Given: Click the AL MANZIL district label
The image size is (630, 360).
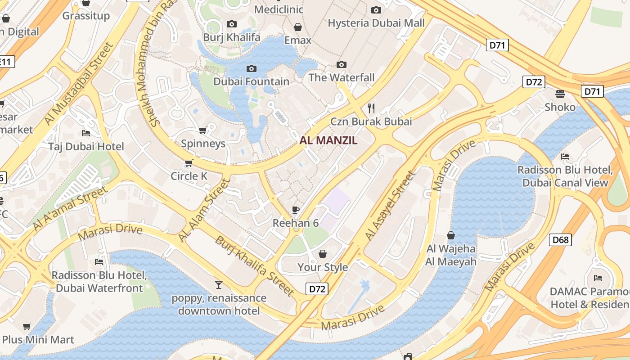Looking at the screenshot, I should [328, 140].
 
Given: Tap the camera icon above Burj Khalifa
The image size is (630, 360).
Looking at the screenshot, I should [232, 24].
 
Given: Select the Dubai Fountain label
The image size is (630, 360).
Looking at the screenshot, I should [251, 81].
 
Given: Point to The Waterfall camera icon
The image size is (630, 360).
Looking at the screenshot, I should [342, 65].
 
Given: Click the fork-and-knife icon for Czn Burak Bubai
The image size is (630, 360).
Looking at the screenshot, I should [371, 108].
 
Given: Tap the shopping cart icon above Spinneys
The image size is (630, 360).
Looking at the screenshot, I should [202, 130].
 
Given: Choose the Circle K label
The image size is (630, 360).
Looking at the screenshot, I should [189, 176].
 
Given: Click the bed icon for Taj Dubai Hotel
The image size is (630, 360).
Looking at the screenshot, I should [86, 133].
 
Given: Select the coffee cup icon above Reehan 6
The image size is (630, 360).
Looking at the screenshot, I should [296, 210].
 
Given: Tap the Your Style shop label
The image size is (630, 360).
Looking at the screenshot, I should [323, 267].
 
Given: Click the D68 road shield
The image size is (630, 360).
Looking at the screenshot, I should [560, 239].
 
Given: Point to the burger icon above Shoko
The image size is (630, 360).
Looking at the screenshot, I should [560, 94].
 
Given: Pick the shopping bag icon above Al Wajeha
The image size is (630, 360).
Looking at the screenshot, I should [451, 235].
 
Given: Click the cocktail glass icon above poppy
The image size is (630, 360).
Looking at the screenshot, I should [219, 284].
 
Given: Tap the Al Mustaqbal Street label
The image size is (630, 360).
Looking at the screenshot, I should [78, 84].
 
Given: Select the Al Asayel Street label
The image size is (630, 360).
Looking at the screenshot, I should [390, 206].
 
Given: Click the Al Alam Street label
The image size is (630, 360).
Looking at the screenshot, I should [205, 210].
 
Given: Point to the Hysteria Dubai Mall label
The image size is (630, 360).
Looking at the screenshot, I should [376, 23].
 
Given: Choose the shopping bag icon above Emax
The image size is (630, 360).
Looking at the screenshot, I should [297, 27].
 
